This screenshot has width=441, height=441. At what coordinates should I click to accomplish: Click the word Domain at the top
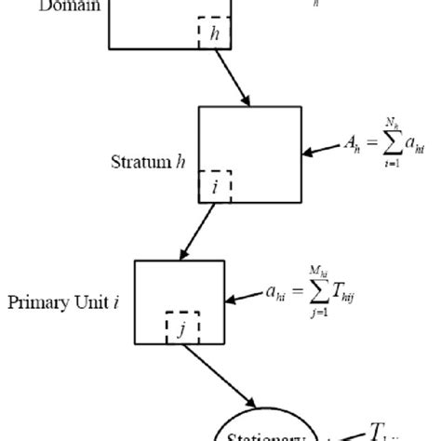(62, 5)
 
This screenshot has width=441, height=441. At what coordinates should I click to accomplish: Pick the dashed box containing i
(215, 184)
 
